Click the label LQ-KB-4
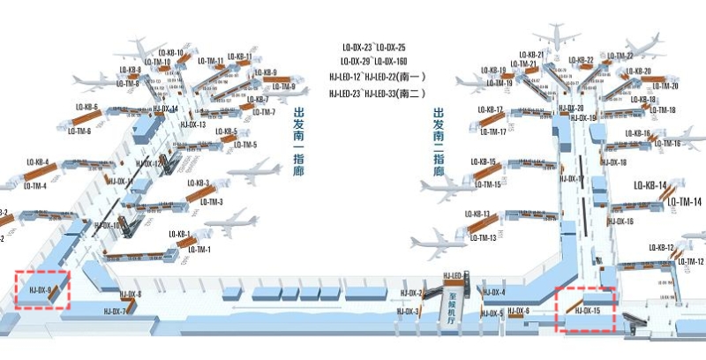pyautogui.click(x=37, y=162)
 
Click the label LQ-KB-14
pyautogui.click(x=651, y=185)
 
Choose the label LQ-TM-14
pyautogui.click(x=684, y=202)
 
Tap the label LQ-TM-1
pyautogui.click(x=202, y=250)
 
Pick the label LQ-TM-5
pyautogui.click(x=245, y=145)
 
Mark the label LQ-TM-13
pyautogui.click(x=482, y=238)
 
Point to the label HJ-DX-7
pyautogui.click(x=116, y=311)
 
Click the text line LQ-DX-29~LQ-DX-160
pyautogui.click(x=374, y=61)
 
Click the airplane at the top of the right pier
pyautogui.click(x=559, y=38)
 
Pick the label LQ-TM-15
pyautogui.click(x=487, y=184)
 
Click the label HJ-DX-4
pyautogui.click(x=493, y=292)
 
